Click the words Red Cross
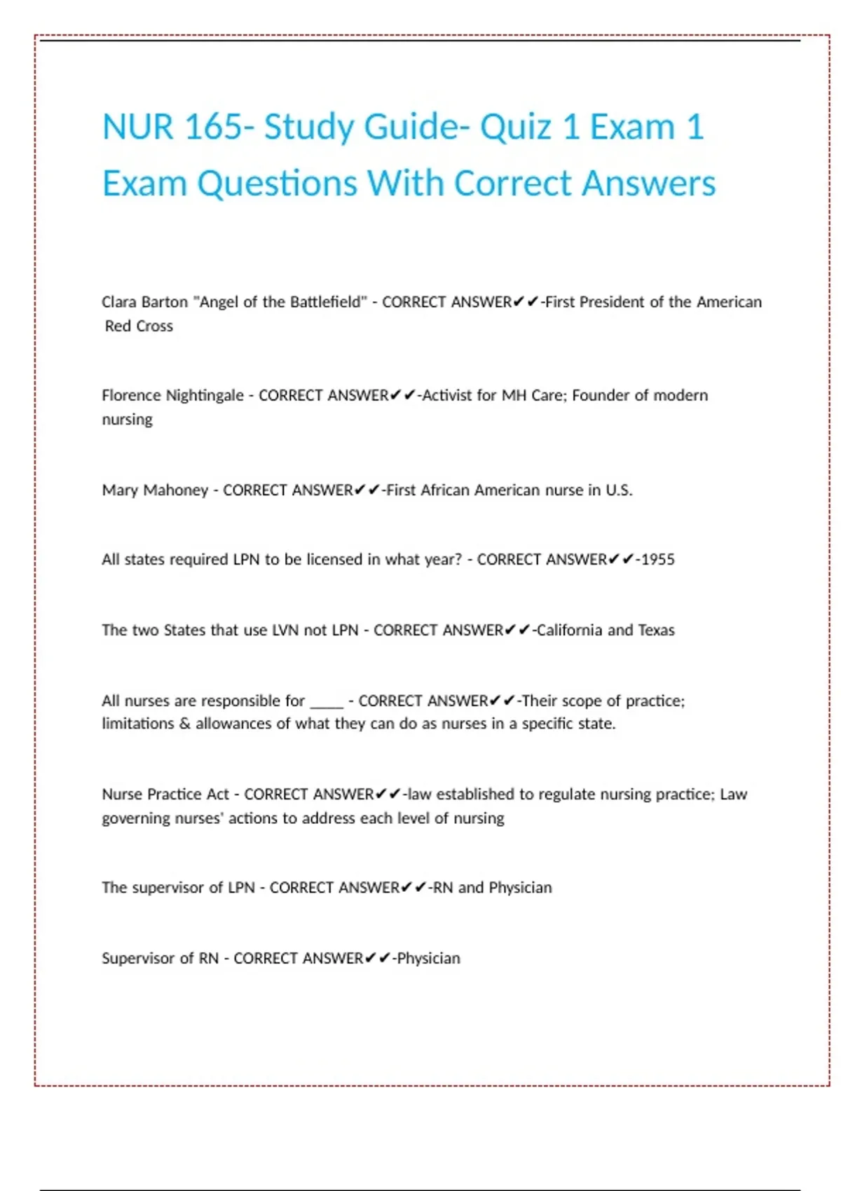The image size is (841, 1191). [139, 326]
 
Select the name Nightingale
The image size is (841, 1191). [204, 396]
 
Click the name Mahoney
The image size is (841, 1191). [175, 490]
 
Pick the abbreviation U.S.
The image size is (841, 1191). [619, 490]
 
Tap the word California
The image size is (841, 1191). [570, 630]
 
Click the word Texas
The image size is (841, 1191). [656, 630]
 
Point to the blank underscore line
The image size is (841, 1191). [327, 703]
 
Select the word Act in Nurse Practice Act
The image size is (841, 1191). [217, 794]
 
